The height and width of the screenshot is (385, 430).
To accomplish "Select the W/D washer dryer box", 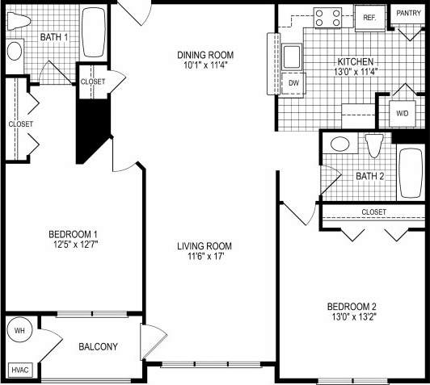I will (x=402, y=114).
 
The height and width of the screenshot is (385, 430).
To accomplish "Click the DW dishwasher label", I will (x=293, y=82).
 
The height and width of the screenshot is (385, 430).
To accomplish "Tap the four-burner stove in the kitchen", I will (x=329, y=18).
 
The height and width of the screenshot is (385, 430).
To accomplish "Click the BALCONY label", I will (x=98, y=347).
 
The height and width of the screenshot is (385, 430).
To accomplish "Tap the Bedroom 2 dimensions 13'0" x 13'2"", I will (x=352, y=316).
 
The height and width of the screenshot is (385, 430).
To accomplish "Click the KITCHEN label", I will (x=356, y=62).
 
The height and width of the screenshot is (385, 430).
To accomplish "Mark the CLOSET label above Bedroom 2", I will (x=373, y=212).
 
